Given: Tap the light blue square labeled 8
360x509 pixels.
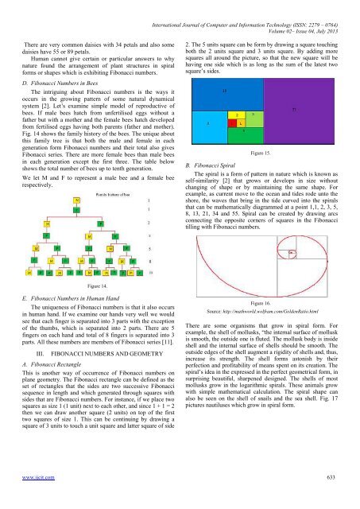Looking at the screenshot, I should click(209, 122).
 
